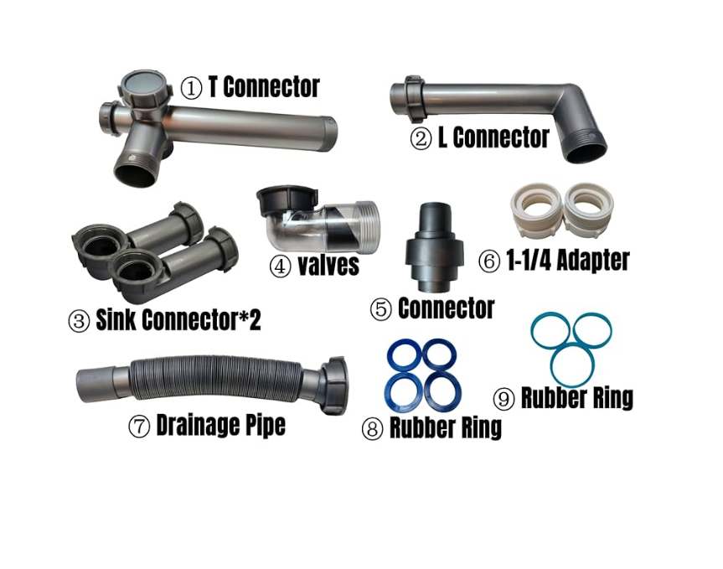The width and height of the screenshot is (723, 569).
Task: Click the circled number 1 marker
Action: click(192, 87)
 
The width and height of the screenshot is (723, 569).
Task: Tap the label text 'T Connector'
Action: click(263, 86)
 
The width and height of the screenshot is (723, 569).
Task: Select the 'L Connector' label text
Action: click(493, 137)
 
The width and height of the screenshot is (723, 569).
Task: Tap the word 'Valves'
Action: click(328, 266)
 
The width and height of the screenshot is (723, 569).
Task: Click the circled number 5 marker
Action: click(381, 309)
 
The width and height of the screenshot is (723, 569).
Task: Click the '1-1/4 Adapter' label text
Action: click(565, 260)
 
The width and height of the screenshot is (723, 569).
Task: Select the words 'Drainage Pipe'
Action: click(220, 426)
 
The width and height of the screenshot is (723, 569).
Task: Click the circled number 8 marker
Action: click(372, 429)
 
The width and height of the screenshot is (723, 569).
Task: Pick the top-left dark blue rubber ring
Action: click(404, 355)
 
